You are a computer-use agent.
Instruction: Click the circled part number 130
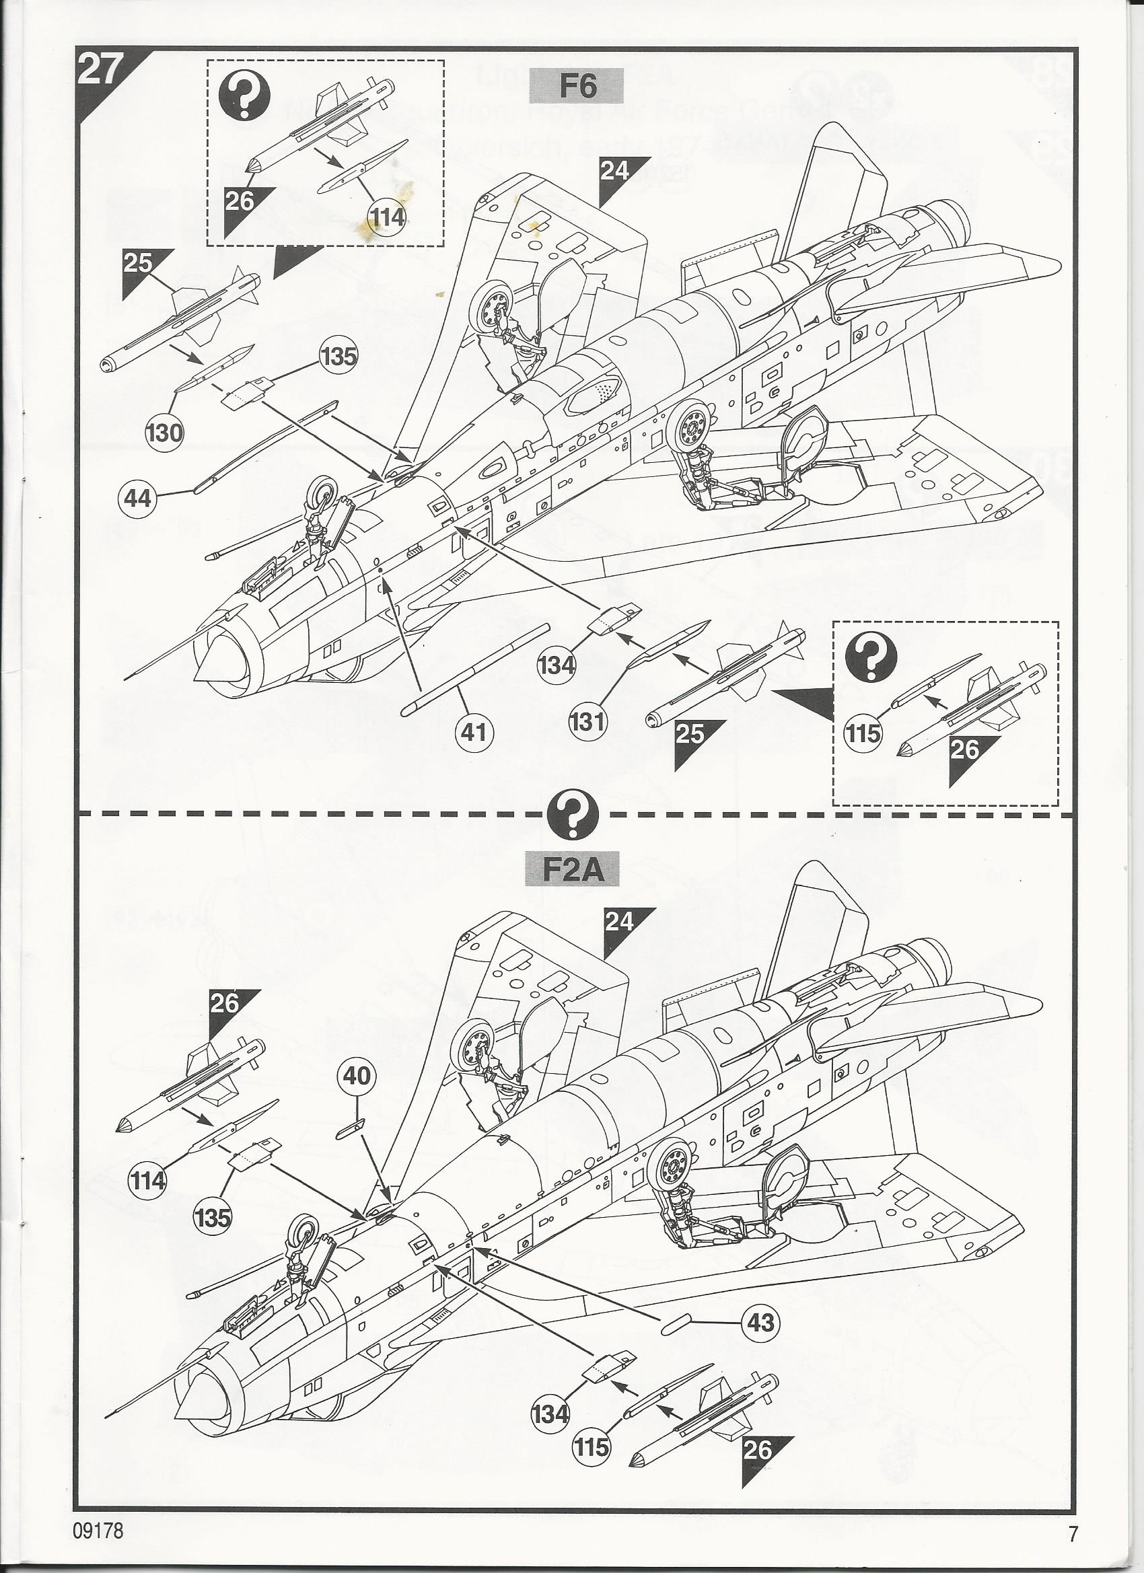(x=164, y=433)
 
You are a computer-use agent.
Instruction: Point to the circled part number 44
(x=139, y=497)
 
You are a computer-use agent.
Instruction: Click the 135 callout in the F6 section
(x=338, y=357)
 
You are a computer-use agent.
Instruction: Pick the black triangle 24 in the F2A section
(x=619, y=922)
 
